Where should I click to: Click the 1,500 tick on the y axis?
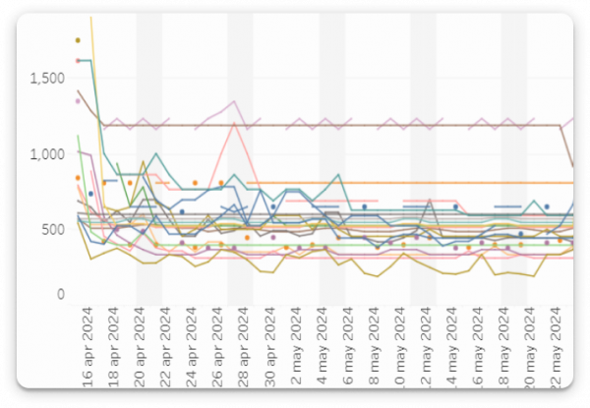pyautogui.click(x=43, y=79)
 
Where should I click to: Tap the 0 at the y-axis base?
pyautogui.click(x=59, y=294)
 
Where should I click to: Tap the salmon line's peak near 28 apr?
pyautogui.click(x=234, y=123)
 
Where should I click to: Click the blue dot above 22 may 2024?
pyautogui.click(x=547, y=206)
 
